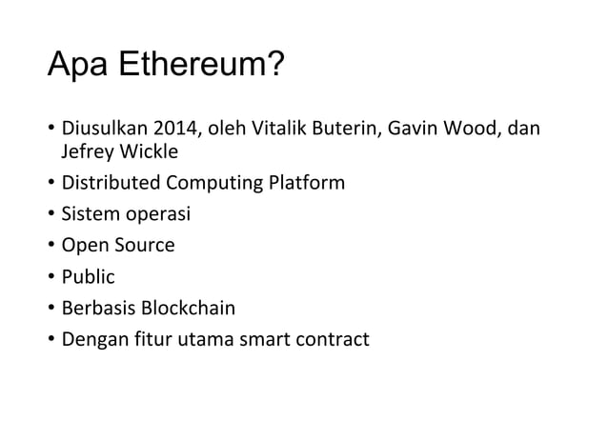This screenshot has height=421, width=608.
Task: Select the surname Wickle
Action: pyautogui.click(x=148, y=152)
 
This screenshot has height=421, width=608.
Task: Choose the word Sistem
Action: pyautogui.click(x=89, y=214)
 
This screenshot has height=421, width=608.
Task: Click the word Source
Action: pyautogui.click(x=145, y=245)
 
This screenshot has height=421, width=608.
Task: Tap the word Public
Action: pyautogui.click(x=88, y=277)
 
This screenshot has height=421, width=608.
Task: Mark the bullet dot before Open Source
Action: pyautogui.click(x=51, y=246)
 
